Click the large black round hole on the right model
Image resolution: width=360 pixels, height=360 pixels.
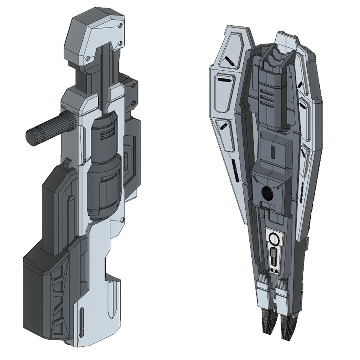tap(267, 192)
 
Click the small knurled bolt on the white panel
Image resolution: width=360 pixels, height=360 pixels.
tap(274, 255)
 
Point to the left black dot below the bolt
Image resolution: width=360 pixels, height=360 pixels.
tap(272, 270)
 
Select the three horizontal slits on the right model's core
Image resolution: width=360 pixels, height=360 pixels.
tap(268, 96)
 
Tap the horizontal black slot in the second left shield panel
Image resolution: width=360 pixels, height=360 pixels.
tap(223, 80)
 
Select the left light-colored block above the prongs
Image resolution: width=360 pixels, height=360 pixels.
tap(263, 294)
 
